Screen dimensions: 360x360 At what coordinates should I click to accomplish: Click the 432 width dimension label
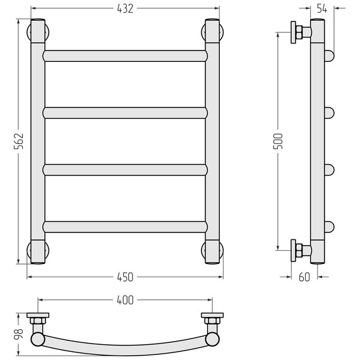click(125, 9)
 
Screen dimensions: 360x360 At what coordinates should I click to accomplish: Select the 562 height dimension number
click(18, 141)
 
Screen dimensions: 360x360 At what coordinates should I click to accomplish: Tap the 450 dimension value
click(125, 277)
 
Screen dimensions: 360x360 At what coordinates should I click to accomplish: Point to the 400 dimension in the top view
click(125, 300)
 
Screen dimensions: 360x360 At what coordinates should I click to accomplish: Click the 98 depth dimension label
click(18, 334)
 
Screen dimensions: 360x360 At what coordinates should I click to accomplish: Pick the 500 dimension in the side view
click(278, 141)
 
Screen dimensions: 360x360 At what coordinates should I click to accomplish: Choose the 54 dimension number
click(322, 9)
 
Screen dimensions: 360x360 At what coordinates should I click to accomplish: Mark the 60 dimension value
click(304, 277)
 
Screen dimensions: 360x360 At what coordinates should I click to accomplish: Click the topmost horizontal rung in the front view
click(125, 56)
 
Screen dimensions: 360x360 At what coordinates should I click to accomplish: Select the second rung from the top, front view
click(125, 113)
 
